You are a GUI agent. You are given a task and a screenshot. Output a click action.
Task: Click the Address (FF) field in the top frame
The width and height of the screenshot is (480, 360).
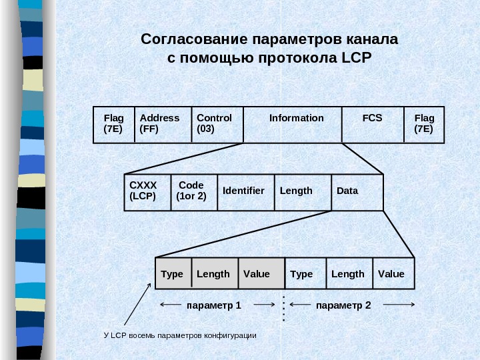click(163, 124)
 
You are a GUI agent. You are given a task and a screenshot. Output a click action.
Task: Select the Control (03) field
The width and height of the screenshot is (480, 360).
click(217, 124)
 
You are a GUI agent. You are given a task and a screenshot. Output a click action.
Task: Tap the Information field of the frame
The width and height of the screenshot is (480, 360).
click(293, 124)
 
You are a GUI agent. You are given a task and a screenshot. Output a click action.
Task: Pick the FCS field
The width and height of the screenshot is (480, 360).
click(373, 124)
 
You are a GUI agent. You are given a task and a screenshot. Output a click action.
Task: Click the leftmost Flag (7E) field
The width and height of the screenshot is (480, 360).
click(114, 124)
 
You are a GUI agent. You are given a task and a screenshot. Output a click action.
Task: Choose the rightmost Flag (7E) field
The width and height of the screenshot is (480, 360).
click(424, 124)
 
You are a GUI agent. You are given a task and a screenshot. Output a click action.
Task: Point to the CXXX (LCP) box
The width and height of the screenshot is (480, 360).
click(147, 192)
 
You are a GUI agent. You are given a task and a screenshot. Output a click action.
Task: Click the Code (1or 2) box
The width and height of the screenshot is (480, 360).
click(194, 192)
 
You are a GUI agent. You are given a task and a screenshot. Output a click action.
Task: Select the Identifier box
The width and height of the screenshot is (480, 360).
click(244, 192)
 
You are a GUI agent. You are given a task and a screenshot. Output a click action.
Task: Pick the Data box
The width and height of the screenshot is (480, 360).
click(357, 192)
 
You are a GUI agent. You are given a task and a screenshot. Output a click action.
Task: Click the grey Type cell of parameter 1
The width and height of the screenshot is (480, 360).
click(173, 273)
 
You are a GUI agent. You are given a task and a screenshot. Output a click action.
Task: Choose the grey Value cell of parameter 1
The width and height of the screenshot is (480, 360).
click(261, 273)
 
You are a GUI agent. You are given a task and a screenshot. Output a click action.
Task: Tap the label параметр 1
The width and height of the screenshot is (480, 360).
click(213, 305)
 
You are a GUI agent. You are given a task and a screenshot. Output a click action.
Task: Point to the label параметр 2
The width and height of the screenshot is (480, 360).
click(343, 305)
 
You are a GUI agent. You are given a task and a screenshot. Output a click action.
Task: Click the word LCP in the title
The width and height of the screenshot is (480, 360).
click(355, 57)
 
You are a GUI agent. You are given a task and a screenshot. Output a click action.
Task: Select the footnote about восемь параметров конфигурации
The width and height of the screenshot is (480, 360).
click(180, 335)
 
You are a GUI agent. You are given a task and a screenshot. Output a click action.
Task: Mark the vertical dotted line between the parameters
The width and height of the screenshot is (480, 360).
click(284, 308)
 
